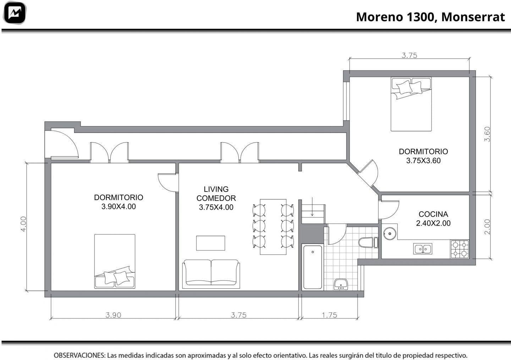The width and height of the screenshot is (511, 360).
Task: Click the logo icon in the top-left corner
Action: point(15,13)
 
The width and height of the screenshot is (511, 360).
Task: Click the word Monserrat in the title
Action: point(473,17)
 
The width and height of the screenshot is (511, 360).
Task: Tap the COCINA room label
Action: point(433,214)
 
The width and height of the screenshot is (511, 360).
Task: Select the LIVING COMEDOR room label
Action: point(216,194)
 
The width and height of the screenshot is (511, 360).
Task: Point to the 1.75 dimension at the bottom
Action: point(329,315)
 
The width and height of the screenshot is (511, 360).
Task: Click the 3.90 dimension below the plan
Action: point(114,315)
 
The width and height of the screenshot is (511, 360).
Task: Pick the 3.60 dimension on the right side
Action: point(487,134)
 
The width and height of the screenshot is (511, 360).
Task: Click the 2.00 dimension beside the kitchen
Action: point(487,227)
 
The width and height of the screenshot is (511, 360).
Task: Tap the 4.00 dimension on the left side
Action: point(23,224)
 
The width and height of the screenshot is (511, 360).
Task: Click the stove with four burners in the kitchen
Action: point(460,249)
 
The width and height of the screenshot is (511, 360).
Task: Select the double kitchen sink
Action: point(423,249)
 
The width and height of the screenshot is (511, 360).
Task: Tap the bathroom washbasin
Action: point(341,284)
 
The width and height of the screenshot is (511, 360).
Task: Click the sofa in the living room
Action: point(211,273)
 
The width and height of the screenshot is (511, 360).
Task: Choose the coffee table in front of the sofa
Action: point(210,243)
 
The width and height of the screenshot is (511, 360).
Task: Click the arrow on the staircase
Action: point(312,206)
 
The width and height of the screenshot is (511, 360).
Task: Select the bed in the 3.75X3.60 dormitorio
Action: point(411,104)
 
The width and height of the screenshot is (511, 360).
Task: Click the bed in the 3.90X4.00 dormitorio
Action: point(115,261)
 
